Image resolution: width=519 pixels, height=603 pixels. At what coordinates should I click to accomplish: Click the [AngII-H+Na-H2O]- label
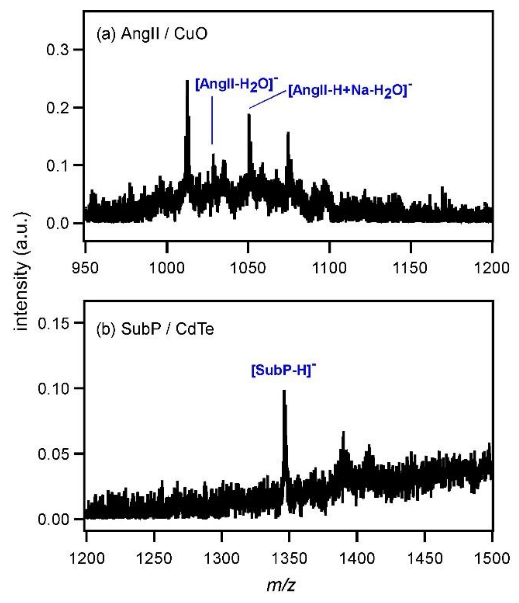350,91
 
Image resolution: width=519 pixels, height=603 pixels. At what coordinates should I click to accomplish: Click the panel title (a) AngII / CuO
152,34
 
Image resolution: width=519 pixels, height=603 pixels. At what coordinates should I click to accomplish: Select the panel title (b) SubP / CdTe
155,329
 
